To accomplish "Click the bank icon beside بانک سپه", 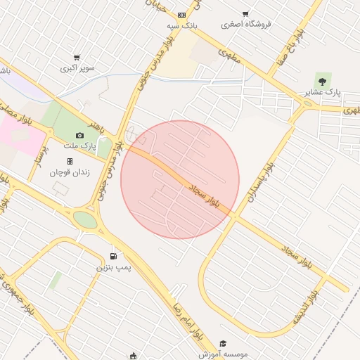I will point(182,15).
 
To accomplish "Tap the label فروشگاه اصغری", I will point(246,24).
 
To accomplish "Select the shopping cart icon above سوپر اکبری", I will point(77,58).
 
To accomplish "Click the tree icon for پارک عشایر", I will point(322,82).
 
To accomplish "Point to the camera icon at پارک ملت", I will point(79,135).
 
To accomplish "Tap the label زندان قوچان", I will point(69,172).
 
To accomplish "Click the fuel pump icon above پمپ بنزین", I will point(113,257).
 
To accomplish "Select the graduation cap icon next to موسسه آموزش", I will point(223,344).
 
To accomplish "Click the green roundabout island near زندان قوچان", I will point(85,220).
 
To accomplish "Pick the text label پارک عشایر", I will point(323,93).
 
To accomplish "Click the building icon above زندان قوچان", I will point(70,161).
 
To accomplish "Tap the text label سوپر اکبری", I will point(77,68).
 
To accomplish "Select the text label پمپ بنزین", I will point(113,268).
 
